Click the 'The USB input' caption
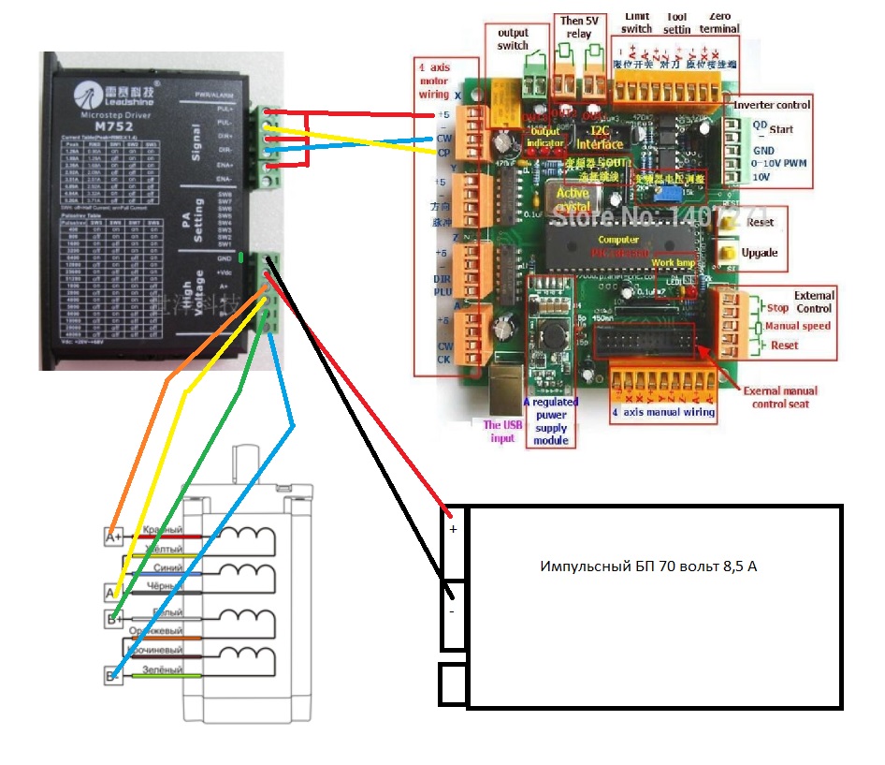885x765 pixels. [502, 432]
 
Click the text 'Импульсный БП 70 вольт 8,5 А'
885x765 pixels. [648, 566]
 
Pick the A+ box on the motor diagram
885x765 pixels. [113, 537]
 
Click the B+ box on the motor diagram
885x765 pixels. [113, 619]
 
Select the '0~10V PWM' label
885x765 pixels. [778, 164]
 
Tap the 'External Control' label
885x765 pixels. [813, 302]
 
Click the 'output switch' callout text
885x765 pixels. [513, 39]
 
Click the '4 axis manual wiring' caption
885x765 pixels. [663, 411]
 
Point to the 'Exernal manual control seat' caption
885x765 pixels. [780, 397]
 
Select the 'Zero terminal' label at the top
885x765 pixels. [722, 22]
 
